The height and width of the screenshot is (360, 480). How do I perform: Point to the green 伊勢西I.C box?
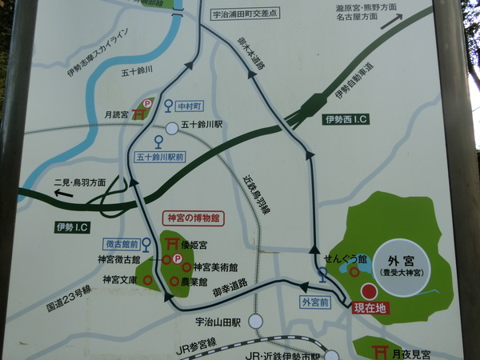pos(346,120)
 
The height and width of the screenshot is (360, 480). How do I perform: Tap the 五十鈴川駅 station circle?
pos(172,128)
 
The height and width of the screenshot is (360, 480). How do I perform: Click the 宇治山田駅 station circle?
pos(255,321)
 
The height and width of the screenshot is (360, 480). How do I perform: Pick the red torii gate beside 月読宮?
pos(138,114)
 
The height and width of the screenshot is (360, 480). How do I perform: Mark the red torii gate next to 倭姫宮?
pos(170,242)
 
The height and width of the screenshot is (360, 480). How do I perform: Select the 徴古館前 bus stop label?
pos(122,243)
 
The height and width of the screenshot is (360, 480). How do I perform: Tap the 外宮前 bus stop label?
pos(315,302)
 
